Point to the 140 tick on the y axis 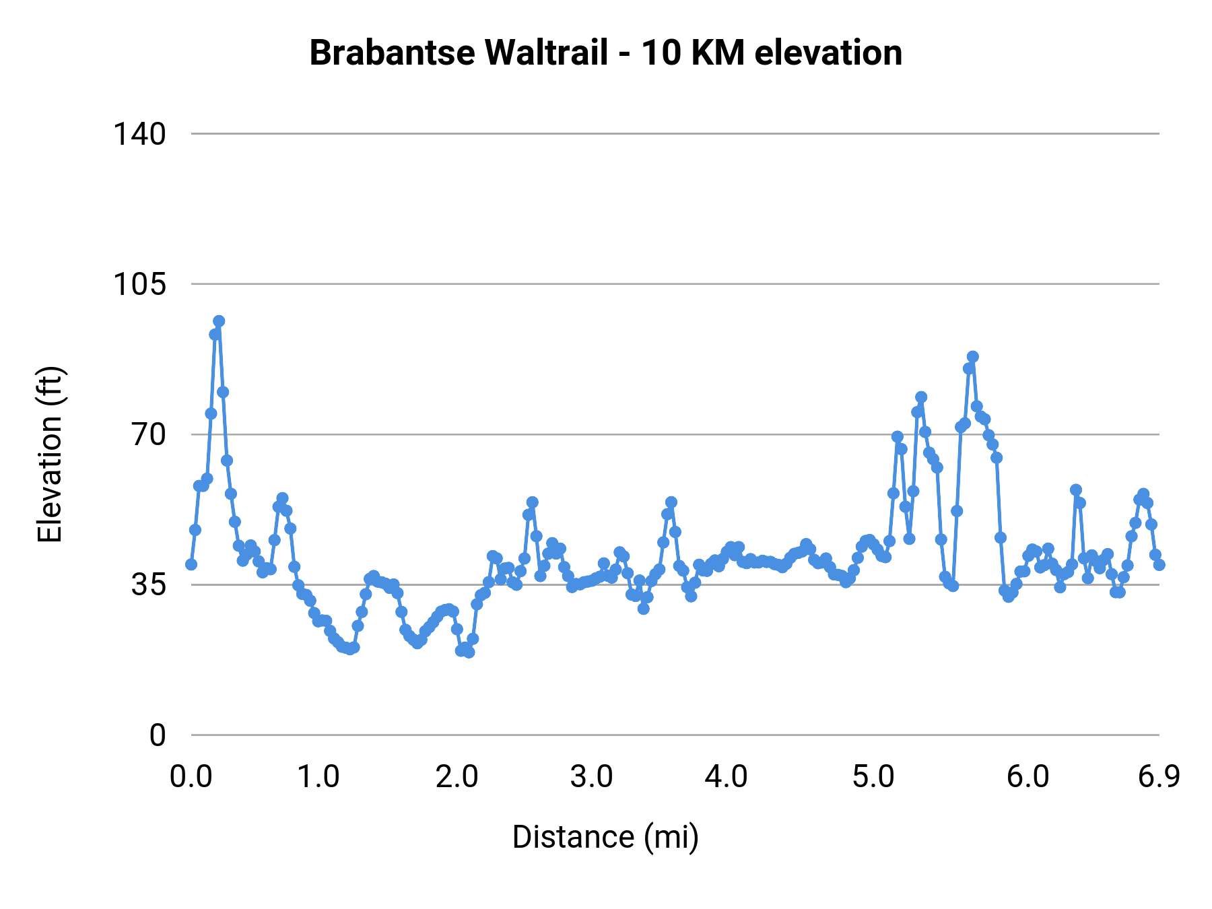(139, 135)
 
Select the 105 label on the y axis (139, 285)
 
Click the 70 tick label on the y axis (148, 435)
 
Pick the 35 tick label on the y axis (148, 585)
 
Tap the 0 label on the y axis (157, 735)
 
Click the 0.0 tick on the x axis (191, 777)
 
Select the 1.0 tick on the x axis (318, 777)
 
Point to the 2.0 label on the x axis (457, 777)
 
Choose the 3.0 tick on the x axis (591, 777)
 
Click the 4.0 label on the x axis (726, 777)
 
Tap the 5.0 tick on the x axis (873, 777)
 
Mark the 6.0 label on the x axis (1028, 777)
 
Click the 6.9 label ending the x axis (1159, 777)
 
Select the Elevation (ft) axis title (50, 454)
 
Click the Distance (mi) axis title (605, 837)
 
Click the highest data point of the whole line (219, 321)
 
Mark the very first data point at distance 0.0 (191, 564)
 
